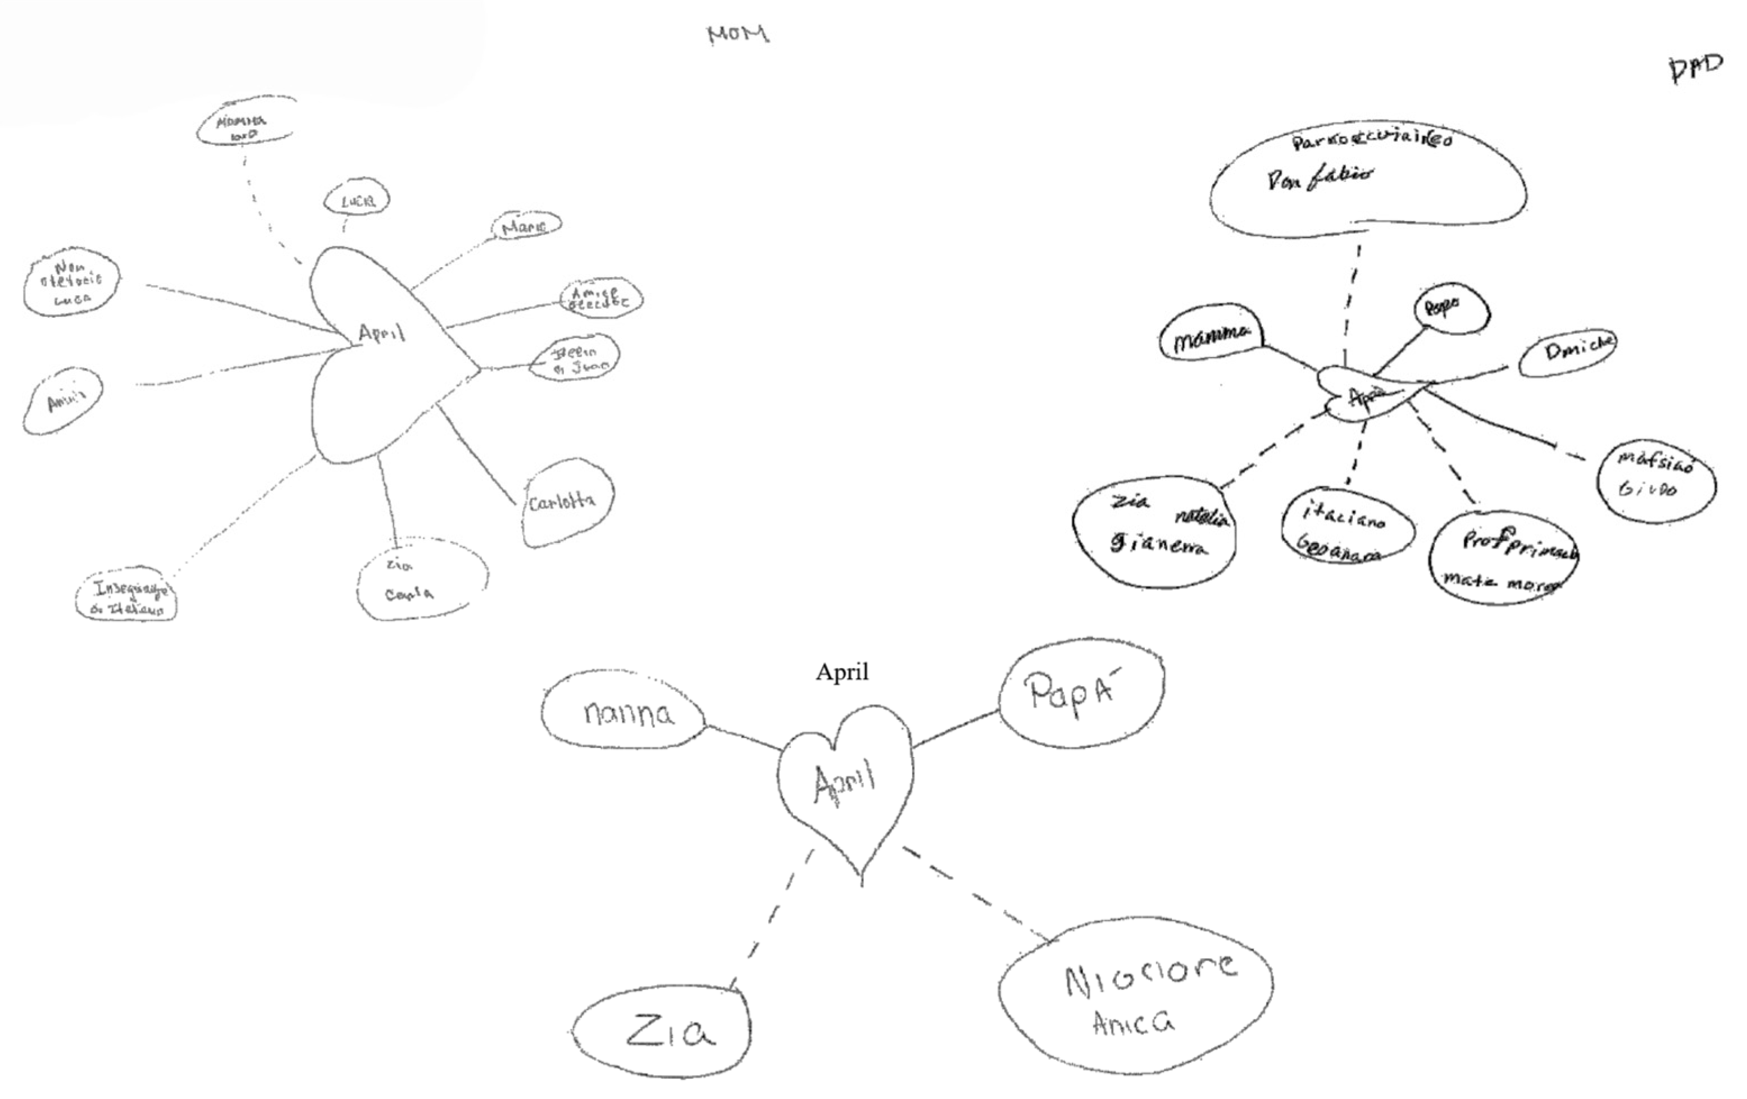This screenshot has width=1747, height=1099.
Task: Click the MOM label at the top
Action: [x=738, y=34]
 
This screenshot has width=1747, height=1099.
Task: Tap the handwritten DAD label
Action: [x=1695, y=69]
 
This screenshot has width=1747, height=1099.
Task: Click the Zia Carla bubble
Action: [x=421, y=579]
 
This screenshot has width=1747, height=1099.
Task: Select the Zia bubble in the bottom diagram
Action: [x=662, y=1032]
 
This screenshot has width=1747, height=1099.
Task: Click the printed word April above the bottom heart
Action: [x=841, y=672]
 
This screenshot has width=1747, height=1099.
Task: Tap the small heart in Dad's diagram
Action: [x=1364, y=395]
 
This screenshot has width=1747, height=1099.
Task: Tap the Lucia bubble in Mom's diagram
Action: [x=357, y=199]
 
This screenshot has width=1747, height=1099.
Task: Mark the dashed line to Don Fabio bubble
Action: [x=1352, y=305]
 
